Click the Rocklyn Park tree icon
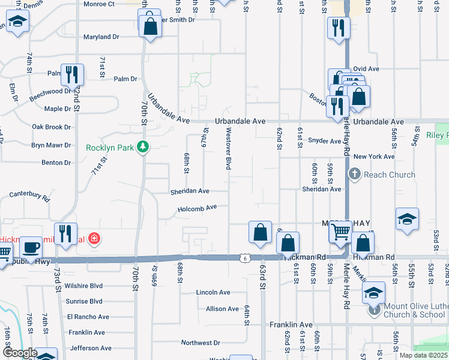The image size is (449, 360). click(x=142, y=146)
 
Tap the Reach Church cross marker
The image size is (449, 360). click(x=354, y=175)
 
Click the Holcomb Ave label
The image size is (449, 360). click(x=197, y=209)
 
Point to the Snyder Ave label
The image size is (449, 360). click(x=324, y=141)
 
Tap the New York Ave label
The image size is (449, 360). click(x=374, y=157)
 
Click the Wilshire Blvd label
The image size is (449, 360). click(x=85, y=286)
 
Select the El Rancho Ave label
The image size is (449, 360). click(x=88, y=317)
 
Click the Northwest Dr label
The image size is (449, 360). click(x=200, y=343)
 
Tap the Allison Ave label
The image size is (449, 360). click(x=222, y=308)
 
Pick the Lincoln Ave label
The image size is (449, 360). click(x=213, y=292)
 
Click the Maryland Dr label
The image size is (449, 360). click(x=101, y=37)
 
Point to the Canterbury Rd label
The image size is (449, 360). click(x=29, y=195)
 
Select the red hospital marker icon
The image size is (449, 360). click(x=93, y=239)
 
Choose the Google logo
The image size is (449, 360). click(x=19, y=353)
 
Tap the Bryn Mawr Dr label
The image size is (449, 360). click(x=51, y=145)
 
